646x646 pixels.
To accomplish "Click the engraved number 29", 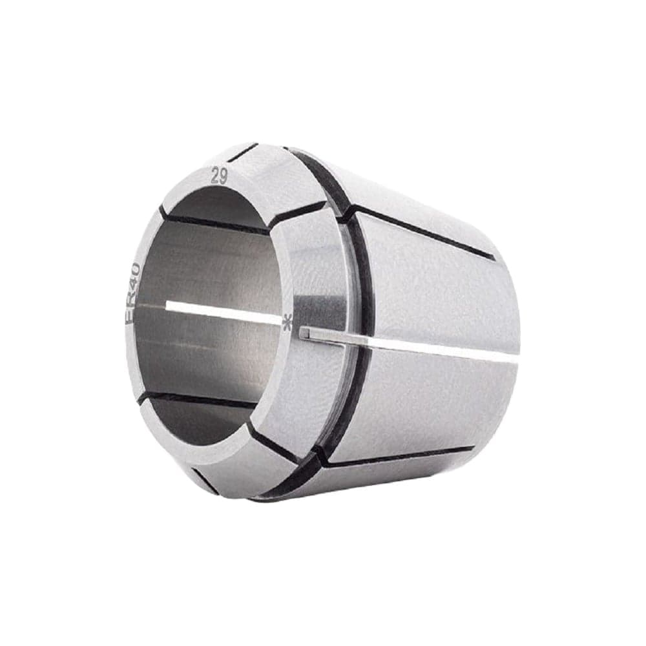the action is [219, 177].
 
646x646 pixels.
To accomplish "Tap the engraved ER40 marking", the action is [134, 294].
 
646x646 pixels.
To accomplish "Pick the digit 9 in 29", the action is [223, 176].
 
